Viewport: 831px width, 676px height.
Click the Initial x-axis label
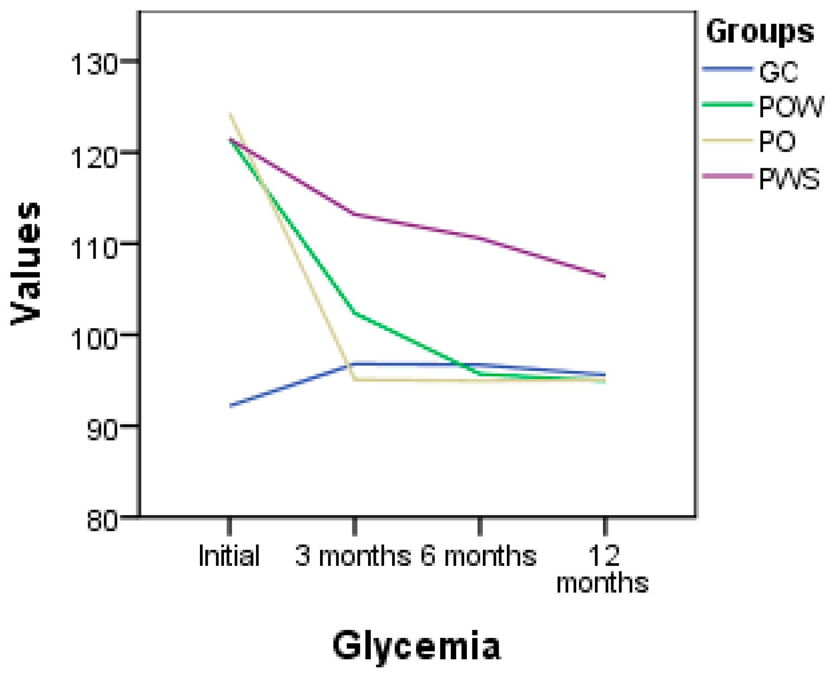pos(229,556)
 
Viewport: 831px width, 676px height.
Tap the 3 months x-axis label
pos(353,556)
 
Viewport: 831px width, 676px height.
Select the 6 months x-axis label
pos(478,556)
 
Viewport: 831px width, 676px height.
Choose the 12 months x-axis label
pos(603,569)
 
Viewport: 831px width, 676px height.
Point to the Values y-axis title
pos(26,263)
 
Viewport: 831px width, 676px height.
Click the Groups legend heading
pos(760,32)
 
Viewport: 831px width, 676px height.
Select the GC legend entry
pos(778,72)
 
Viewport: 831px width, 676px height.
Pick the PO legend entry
pos(777,142)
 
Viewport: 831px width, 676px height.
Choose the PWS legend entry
pos(789,179)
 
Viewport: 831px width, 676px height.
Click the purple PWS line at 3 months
pos(355,214)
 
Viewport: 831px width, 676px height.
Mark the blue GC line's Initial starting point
pos(231,406)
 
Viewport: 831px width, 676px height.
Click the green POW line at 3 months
pos(355,313)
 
